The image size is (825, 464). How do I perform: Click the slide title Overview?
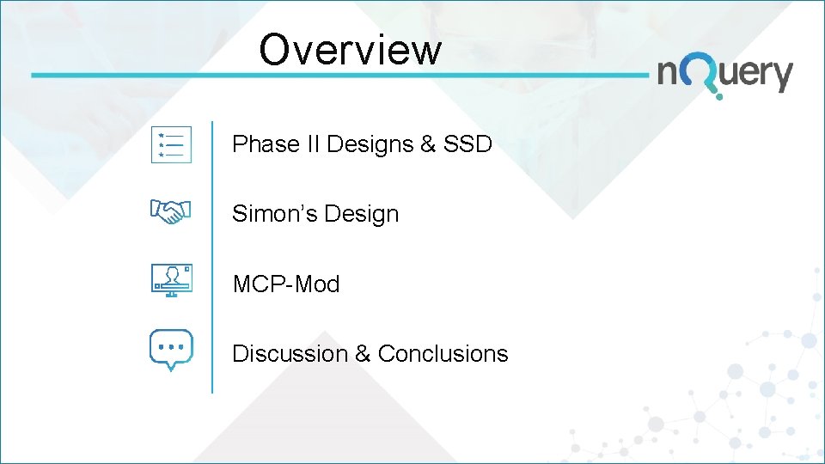(x=350, y=49)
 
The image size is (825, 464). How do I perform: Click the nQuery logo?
(x=724, y=76)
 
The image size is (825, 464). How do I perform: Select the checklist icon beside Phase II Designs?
(x=171, y=144)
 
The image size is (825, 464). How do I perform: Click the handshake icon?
(x=171, y=211)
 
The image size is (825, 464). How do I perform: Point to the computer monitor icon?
(x=171, y=280)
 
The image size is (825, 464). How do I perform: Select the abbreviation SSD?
(x=467, y=144)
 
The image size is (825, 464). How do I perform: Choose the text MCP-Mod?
(x=286, y=284)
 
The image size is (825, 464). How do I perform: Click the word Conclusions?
(x=443, y=353)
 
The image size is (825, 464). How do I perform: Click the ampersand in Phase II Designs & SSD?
(x=427, y=144)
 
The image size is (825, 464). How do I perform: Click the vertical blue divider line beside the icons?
(x=212, y=258)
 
